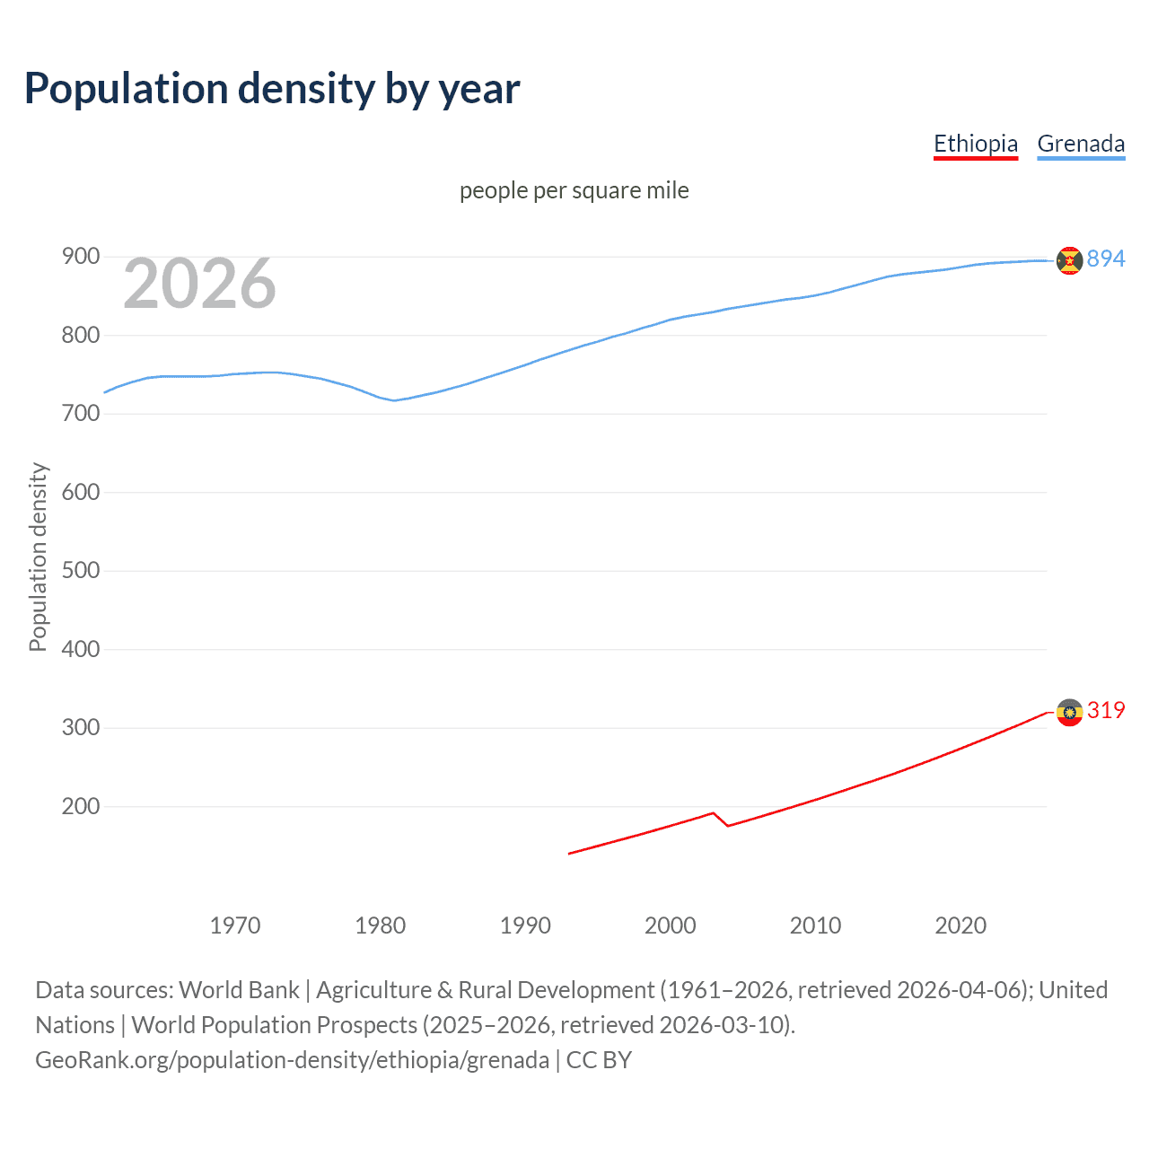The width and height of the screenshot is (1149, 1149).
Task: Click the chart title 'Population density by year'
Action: (x=272, y=89)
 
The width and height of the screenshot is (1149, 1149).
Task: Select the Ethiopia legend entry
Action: (x=975, y=144)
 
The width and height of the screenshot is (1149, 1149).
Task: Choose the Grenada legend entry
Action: (x=1080, y=144)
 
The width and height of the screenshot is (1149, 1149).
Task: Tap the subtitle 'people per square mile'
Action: (x=574, y=190)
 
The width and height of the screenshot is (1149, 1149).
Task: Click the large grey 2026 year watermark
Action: (x=199, y=284)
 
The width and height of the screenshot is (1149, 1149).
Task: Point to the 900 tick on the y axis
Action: (x=80, y=257)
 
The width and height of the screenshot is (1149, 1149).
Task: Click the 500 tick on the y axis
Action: (x=80, y=571)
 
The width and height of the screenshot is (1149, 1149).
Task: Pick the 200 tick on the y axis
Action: (x=80, y=806)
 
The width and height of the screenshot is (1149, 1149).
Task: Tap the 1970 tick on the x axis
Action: (x=234, y=925)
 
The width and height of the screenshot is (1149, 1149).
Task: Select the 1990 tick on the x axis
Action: (x=525, y=925)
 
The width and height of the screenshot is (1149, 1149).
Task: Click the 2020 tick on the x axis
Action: (x=960, y=925)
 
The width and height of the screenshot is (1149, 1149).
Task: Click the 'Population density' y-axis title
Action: (x=38, y=557)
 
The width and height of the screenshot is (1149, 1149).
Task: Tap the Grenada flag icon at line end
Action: (x=1069, y=260)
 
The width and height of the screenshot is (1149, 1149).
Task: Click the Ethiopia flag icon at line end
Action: (x=1069, y=713)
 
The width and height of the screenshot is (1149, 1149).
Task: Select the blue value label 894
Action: (x=1105, y=259)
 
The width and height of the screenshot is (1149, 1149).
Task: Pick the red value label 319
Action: (x=1105, y=710)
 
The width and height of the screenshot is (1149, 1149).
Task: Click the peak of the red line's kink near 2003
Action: (x=713, y=813)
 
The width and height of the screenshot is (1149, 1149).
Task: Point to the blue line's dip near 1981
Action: (x=393, y=400)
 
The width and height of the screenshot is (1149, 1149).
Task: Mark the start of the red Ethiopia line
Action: (x=569, y=854)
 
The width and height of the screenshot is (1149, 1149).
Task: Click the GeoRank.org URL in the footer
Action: (x=292, y=1060)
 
